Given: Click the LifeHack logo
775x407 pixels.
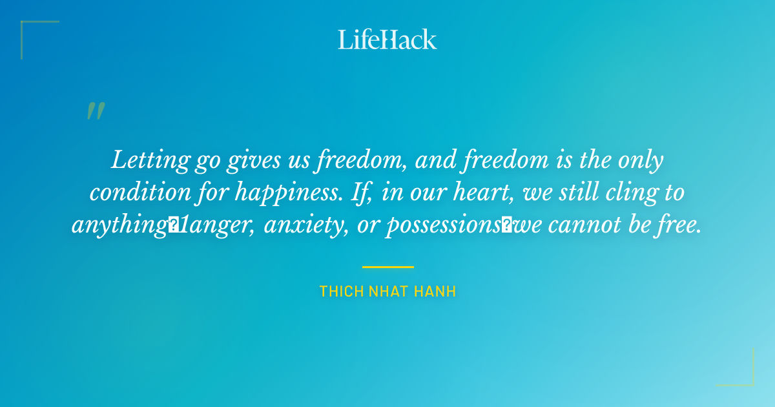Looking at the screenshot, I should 387,39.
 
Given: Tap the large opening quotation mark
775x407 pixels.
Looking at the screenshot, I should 96,111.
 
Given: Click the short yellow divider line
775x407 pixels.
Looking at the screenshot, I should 387,266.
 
